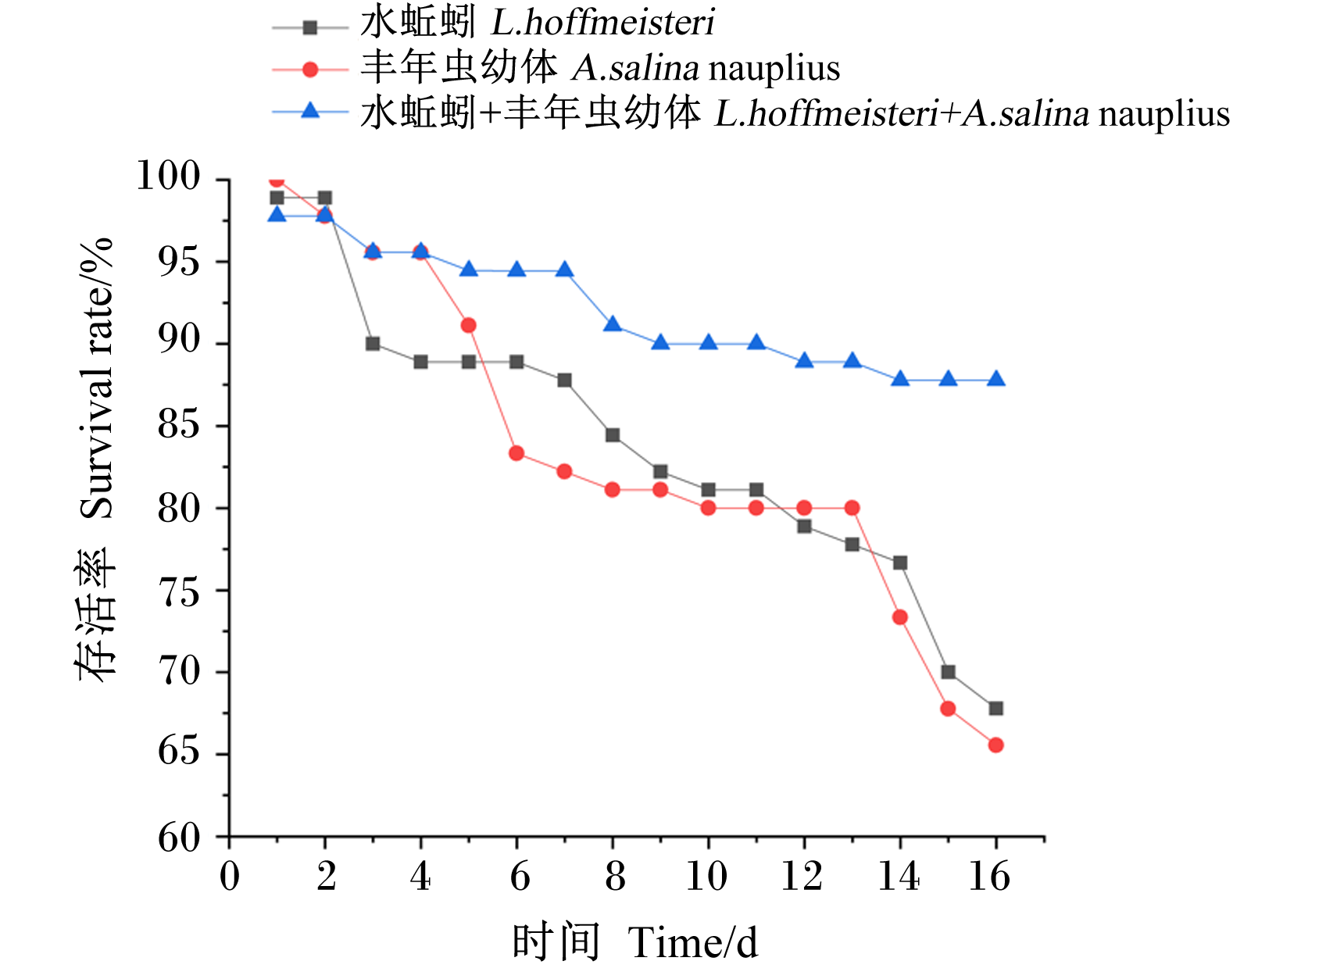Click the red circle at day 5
pos(468,325)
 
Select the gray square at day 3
pos(373,344)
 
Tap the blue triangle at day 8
pos(612,324)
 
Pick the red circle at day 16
pos(995,745)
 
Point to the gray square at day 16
pos(995,709)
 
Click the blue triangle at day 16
pos(995,379)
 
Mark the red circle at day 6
pos(516,453)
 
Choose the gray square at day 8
pos(612,434)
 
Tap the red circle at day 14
pos(899,617)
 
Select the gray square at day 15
pos(948,672)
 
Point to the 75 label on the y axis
pos(178,593)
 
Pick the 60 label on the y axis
pos(178,838)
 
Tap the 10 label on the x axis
pos(706,877)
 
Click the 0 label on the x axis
pos(230,877)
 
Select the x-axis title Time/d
pos(692,943)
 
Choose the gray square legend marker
pos(310,27)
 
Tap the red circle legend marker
pos(310,70)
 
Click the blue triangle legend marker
pos(310,111)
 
